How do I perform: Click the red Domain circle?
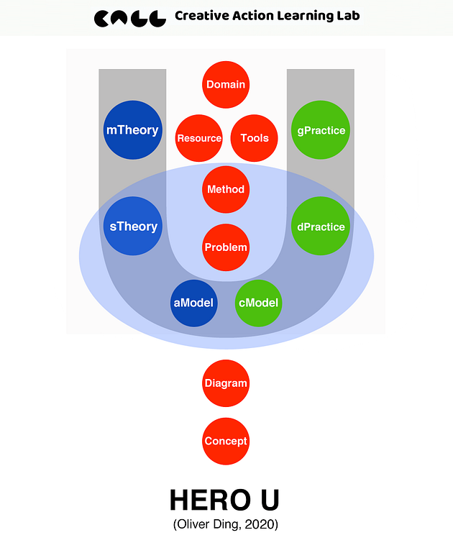[226, 84]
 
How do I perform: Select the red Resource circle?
[199, 138]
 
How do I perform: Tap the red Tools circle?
[255, 138]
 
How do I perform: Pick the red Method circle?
[226, 189]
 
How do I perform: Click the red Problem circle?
[226, 247]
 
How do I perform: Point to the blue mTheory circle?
[132, 130]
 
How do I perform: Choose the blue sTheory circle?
[133, 226]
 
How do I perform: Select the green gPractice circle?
[321, 130]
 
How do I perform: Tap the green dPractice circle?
[321, 226]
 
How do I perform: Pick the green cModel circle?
[258, 303]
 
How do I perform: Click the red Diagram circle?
[226, 383]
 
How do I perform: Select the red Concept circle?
[226, 441]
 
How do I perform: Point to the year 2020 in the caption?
[261, 524]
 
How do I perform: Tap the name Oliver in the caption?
[193, 524]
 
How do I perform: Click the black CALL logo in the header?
[130, 18]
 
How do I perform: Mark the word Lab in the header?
[349, 16]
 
